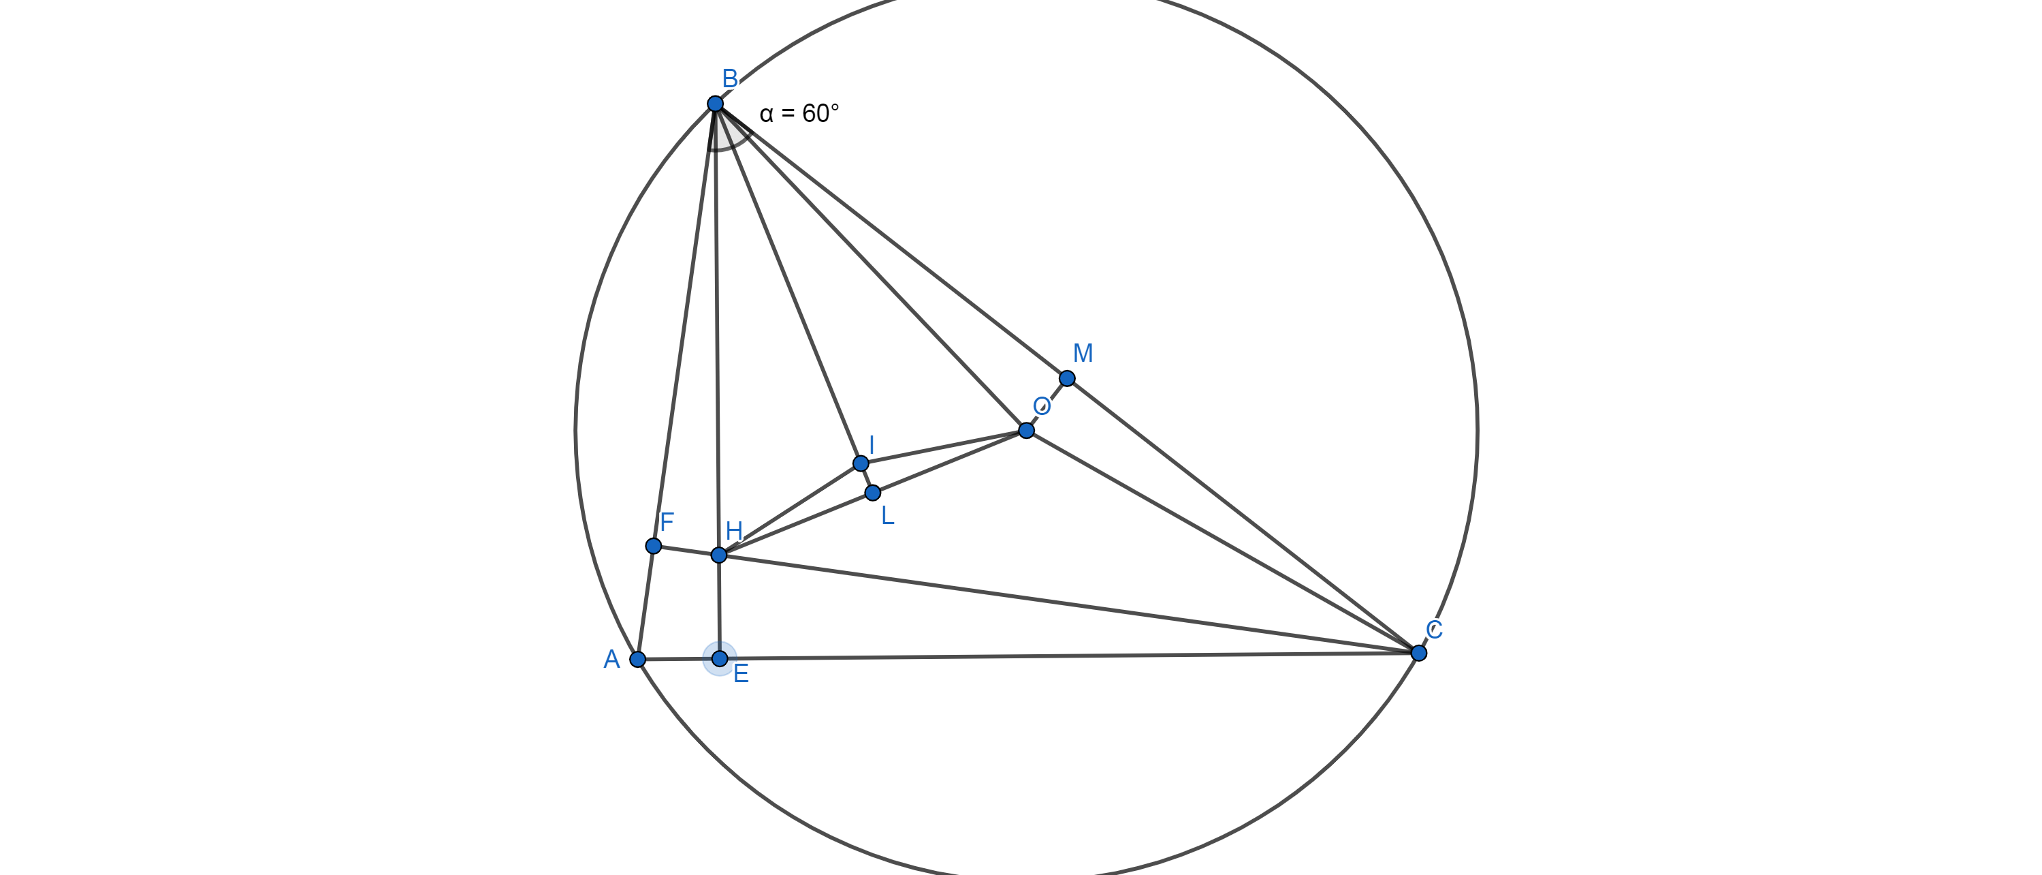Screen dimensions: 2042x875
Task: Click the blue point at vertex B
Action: tap(715, 104)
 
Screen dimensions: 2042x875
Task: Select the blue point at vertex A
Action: tap(637, 659)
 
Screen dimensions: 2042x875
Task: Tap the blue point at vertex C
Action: tap(1419, 653)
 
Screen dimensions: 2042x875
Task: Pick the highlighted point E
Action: tap(720, 658)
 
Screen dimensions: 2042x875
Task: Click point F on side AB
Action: tap(653, 546)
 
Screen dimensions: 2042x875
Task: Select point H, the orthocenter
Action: tap(719, 555)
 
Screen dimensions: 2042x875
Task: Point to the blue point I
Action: tap(861, 463)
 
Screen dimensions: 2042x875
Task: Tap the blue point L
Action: tap(873, 493)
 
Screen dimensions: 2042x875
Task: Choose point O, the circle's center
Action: tap(1027, 431)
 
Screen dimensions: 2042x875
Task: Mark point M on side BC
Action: tap(1068, 378)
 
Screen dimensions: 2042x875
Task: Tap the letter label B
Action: tap(730, 78)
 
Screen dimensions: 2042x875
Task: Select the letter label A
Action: tap(611, 659)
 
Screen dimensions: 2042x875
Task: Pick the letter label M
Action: tap(1083, 353)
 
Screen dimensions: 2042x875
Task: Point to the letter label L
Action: tap(888, 517)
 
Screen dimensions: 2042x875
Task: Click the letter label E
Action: tap(741, 674)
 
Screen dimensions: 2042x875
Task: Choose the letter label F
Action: tap(667, 522)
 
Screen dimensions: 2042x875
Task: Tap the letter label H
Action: tap(734, 531)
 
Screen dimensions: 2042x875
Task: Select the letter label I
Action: tap(871, 445)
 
